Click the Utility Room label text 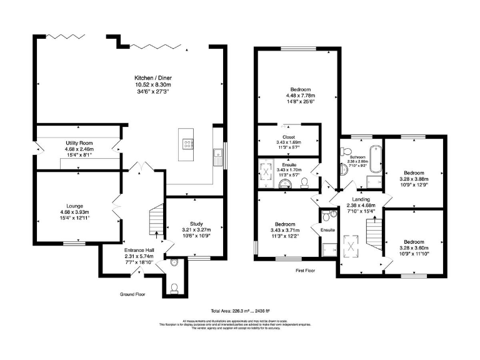pyautogui.click(x=77, y=143)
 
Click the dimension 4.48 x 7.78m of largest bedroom pyautogui.click(x=297, y=96)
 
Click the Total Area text pyautogui.click(x=240, y=311)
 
